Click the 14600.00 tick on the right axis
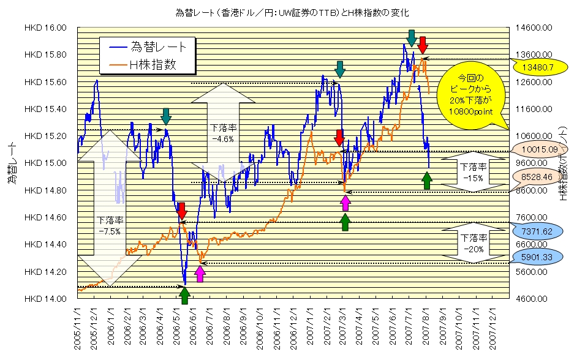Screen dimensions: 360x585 [x=537, y=28]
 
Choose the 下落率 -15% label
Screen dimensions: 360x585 [x=473, y=172]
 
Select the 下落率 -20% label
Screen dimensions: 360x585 [x=473, y=243]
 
